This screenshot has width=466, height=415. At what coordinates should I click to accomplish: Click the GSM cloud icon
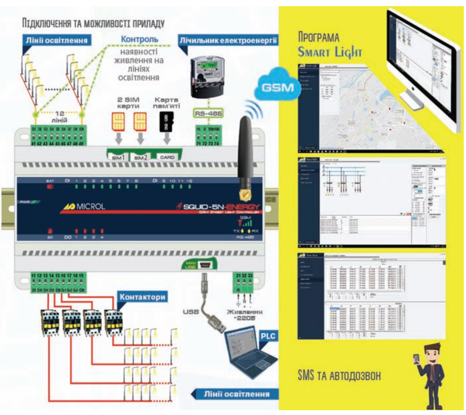pos(277,86)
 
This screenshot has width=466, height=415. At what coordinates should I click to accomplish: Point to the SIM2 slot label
pos(141,157)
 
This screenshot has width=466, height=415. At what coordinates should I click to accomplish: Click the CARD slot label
pos(167,157)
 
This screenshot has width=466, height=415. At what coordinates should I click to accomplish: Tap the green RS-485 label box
pos(208,113)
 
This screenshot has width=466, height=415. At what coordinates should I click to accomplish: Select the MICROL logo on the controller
pos(84,207)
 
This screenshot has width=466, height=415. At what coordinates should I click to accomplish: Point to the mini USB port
pos(204,265)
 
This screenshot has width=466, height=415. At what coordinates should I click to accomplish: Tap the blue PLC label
pos(268,336)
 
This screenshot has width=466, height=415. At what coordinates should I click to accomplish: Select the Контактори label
pos(142,297)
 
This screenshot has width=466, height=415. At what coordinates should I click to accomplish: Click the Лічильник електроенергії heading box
pos(228,40)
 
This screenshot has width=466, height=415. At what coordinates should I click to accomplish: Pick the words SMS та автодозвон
pos(339,375)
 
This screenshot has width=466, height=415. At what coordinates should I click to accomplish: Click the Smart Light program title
pos(330,51)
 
